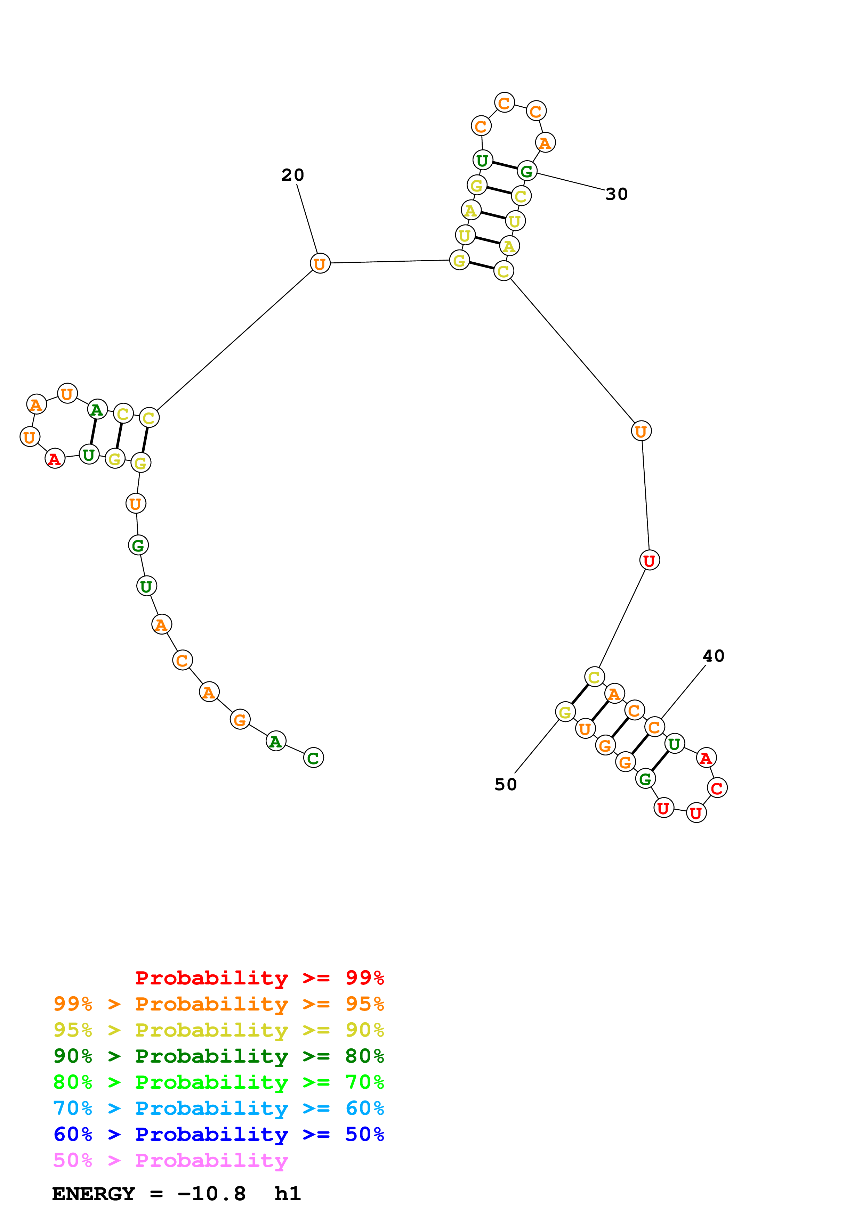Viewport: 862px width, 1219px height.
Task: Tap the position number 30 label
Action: pyautogui.click(x=616, y=194)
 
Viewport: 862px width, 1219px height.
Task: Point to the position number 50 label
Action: pyautogui.click(x=505, y=784)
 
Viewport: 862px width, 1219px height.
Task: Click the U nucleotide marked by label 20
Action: pyautogui.click(x=320, y=263)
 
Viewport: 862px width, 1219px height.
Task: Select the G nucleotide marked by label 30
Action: pyautogui.click(x=527, y=171)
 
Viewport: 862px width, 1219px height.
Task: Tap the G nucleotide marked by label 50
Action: pyautogui.click(x=565, y=712)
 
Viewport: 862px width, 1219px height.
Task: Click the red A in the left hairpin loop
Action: pyautogui.click(x=55, y=459)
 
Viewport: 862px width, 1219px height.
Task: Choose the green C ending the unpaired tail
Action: pyautogui.click(x=313, y=758)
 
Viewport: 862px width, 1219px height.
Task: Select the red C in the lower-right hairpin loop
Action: pyautogui.click(x=717, y=788)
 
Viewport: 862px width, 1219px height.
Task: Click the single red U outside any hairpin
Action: pyautogui.click(x=650, y=560)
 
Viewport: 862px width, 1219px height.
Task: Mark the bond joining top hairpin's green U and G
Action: pyautogui.click(x=505, y=165)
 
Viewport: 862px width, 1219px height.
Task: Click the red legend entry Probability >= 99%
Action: pyautogui.click(x=259, y=977)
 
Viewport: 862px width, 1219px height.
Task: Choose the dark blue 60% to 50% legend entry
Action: pyautogui.click(x=218, y=1134)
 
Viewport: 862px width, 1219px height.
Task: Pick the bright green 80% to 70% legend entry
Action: pyautogui.click(x=218, y=1082)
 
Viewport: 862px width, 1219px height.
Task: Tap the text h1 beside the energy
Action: pyautogui.click(x=287, y=1194)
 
